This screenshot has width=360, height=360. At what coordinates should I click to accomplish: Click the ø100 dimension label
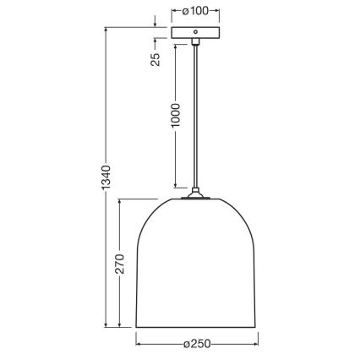(194, 13)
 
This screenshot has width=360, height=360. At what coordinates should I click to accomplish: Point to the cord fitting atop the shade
(195, 194)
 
